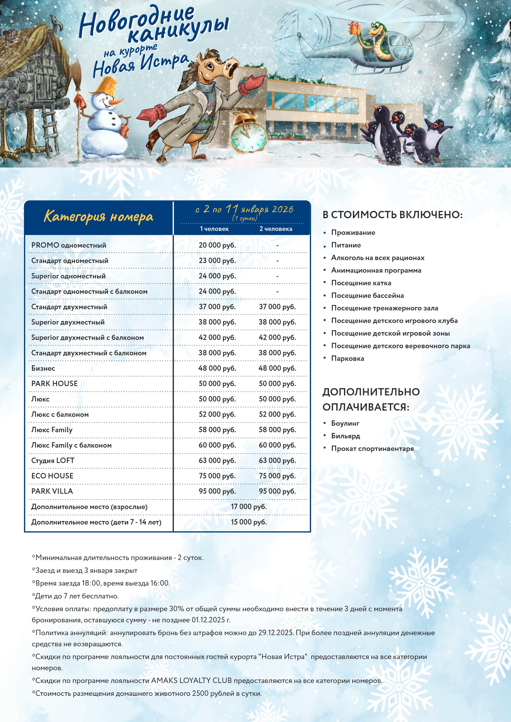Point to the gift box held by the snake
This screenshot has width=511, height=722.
pyautogui.click(x=354, y=28)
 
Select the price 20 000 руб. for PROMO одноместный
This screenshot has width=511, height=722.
pyautogui.click(x=217, y=245)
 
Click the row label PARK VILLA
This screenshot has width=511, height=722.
pyautogui.click(x=52, y=491)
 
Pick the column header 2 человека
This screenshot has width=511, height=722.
pyautogui.click(x=276, y=229)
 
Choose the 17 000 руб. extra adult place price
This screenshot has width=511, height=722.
pyautogui.click(x=249, y=507)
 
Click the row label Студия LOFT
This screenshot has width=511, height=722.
pyautogui.click(x=53, y=461)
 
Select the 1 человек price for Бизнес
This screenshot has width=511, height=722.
pyautogui.click(x=217, y=368)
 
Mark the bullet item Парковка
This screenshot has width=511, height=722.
pyautogui.click(x=347, y=359)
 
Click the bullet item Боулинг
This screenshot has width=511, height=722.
pyautogui.click(x=345, y=423)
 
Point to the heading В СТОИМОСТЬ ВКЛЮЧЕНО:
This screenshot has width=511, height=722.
pyautogui.click(x=393, y=215)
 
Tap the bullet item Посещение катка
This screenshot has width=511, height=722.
pyautogui.click(x=361, y=283)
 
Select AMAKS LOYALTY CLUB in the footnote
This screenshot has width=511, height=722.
pyautogui.click(x=191, y=681)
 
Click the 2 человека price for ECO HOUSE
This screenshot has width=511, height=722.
pyautogui.click(x=277, y=476)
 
